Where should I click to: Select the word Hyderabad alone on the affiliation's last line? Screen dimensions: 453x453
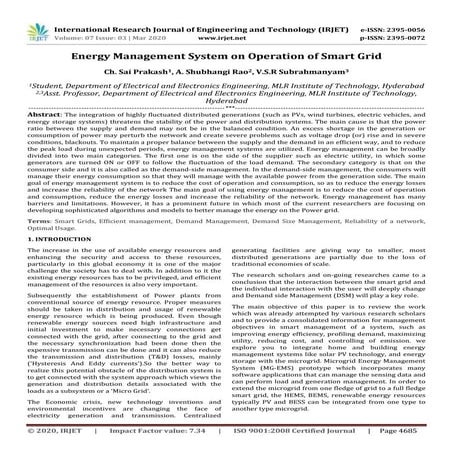point(226,101)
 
